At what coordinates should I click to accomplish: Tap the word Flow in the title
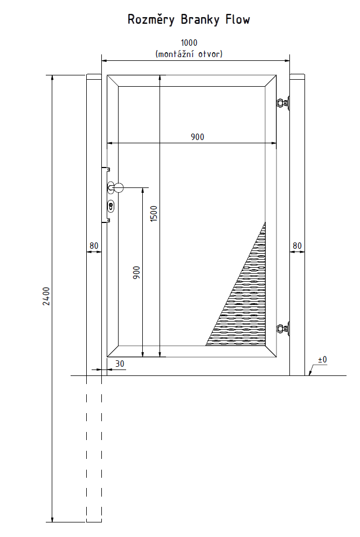[x=238, y=19]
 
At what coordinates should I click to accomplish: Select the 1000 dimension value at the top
[x=189, y=43]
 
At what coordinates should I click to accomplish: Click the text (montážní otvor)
[x=189, y=54]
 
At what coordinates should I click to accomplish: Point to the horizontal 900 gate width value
[x=197, y=137]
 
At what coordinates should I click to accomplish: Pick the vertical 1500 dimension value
[x=154, y=213]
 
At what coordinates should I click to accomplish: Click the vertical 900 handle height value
[x=136, y=273]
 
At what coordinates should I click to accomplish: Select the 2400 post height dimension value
[x=46, y=296]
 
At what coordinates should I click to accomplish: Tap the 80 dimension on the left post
[x=94, y=246]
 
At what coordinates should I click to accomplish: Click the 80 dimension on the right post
[x=297, y=246]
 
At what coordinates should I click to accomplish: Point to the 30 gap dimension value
[x=120, y=364]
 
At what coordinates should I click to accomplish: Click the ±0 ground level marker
[x=322, y=360]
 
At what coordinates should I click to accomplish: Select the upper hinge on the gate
[x=283, y=103]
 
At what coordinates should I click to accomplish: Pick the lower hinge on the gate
[x=283, y=329]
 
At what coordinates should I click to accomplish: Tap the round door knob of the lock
[x=119, y=187]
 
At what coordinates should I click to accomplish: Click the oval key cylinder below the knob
[x=110, y=206]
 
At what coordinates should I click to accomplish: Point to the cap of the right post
[x=297, y=76]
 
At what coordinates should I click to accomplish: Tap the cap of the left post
[x=94, y=76]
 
